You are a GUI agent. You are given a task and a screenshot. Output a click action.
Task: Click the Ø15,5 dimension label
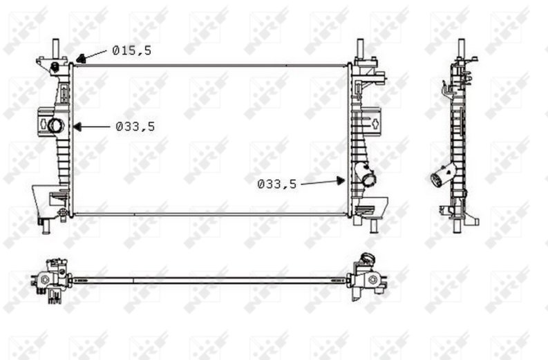132,50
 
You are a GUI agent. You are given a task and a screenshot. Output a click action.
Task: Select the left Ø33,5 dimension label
135,126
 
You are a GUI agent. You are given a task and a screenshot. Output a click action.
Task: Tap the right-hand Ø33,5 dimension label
277,184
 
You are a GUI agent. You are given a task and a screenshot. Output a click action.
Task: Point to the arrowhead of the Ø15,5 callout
81,59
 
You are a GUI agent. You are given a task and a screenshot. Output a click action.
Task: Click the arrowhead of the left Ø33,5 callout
77,126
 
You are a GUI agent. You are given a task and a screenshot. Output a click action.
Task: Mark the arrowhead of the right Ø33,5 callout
341,181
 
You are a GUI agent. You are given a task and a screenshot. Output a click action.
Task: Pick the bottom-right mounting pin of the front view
374,226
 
